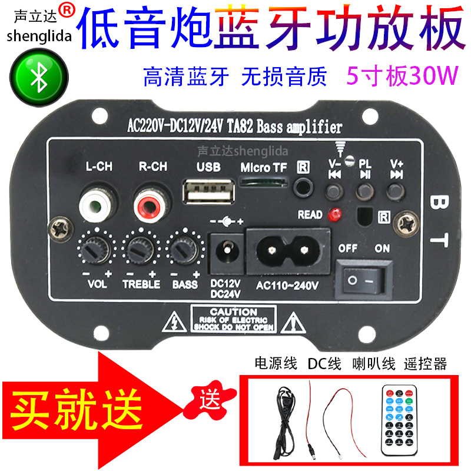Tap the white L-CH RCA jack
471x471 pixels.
(x=98, y=206)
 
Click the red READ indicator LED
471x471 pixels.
(x=335, y=214)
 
